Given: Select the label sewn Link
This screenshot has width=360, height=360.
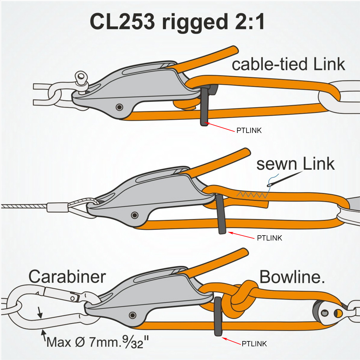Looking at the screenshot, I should pos(295,164).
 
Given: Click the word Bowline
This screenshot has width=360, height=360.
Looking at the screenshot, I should pos(292,277).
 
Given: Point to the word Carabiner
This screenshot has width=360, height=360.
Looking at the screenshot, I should pos(67,277).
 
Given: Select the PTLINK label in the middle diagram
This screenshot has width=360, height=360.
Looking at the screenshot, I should pos(269,238).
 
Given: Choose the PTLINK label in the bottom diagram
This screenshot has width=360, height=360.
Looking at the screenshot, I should pos(254,343).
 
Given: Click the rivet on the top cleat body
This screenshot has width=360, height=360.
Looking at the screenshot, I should pos(120,107).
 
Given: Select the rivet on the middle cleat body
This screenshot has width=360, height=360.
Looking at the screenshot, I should pos(134,215).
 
